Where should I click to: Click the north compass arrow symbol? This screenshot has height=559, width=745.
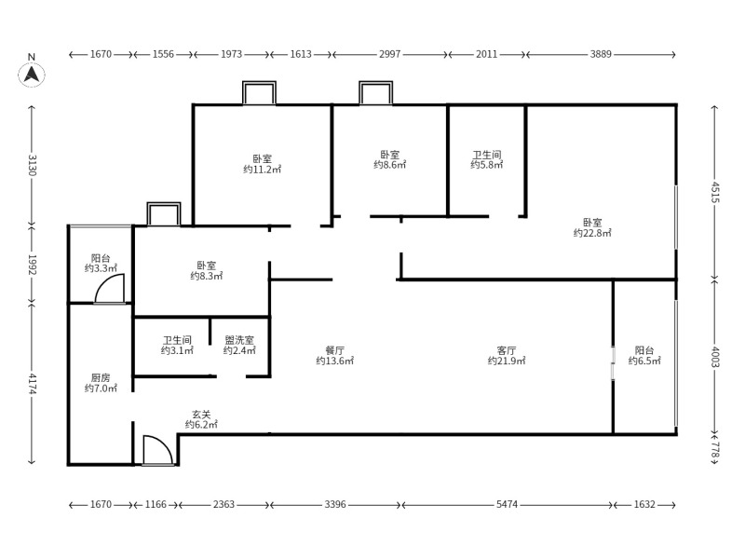(x=32, y=75)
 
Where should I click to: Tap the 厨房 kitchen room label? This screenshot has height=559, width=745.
(x=101, y=377)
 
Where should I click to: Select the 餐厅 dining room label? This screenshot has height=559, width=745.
(x=335, y=350)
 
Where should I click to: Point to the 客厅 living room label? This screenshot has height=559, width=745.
(x=507, y=350)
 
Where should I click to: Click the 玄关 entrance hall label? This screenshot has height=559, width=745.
(x=201, y=415)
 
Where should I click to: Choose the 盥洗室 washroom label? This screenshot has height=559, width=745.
(x=239, y=340)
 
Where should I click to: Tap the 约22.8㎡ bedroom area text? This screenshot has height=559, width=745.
(x=592, y=233)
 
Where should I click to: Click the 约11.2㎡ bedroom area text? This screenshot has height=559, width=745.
(x=263, y=170)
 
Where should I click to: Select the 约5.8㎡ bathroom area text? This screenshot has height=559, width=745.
(x=487, y=165)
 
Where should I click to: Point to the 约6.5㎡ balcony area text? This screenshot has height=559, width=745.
(x=644, y=361)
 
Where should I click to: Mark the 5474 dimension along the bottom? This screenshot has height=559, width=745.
(x=507, y=504)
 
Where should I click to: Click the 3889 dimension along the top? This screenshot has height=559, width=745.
(x=601, y=54)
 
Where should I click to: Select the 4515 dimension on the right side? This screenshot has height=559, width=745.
(x=715, y=192)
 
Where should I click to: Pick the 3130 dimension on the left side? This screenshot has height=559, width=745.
(x=32, y=165)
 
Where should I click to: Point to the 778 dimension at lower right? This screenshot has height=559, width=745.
(x=715, y=449)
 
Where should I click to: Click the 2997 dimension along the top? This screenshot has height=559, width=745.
(x=389, y=54)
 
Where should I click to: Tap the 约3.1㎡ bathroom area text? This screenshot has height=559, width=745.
(x=177, y=350)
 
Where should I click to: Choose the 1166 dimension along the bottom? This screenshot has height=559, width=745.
(x=156, y=504)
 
